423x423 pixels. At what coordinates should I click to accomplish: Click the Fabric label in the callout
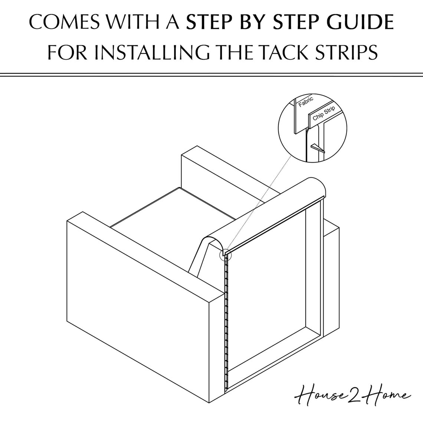tap(306, 102)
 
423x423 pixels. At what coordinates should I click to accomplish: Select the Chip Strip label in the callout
tap(324, 113)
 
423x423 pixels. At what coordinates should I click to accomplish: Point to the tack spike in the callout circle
tap(317, 148)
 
